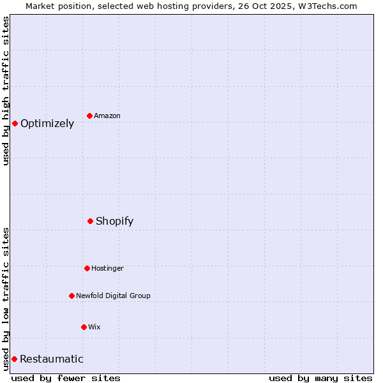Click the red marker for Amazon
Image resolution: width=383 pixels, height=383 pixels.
(x=90, y=116)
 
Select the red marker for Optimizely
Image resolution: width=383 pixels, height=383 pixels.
(x=15, y=123)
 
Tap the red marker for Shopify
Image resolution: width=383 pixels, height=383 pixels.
(x=91, y=221)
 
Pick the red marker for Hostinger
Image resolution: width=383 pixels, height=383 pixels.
(x=87, y=268)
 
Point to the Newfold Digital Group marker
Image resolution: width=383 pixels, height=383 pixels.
(x=72, y=296)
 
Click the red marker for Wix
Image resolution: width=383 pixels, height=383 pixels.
(x=84, y=327)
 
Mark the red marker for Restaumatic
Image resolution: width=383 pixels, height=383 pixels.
(x=14, y=359)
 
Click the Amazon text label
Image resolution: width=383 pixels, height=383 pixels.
(x=107, y=116)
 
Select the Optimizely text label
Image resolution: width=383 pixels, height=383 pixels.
(x=47, y=124)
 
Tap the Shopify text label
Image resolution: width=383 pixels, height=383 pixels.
(x=115, y=222)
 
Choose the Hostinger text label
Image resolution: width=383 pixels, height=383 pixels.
(x=107, y=268)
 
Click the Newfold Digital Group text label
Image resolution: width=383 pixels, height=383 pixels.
(x=114, y=296)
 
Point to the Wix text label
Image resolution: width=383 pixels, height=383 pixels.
(x=94, y=327)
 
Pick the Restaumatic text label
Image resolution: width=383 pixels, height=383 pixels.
(x=52, y=359)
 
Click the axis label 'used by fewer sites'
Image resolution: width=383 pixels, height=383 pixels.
(x=66, y=378)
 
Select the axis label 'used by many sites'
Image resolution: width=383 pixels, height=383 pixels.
(x=320, y=378)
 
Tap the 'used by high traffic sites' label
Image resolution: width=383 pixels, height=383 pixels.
(x=6, y=91)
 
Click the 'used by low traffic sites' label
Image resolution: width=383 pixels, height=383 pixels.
(x=6, y=299)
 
